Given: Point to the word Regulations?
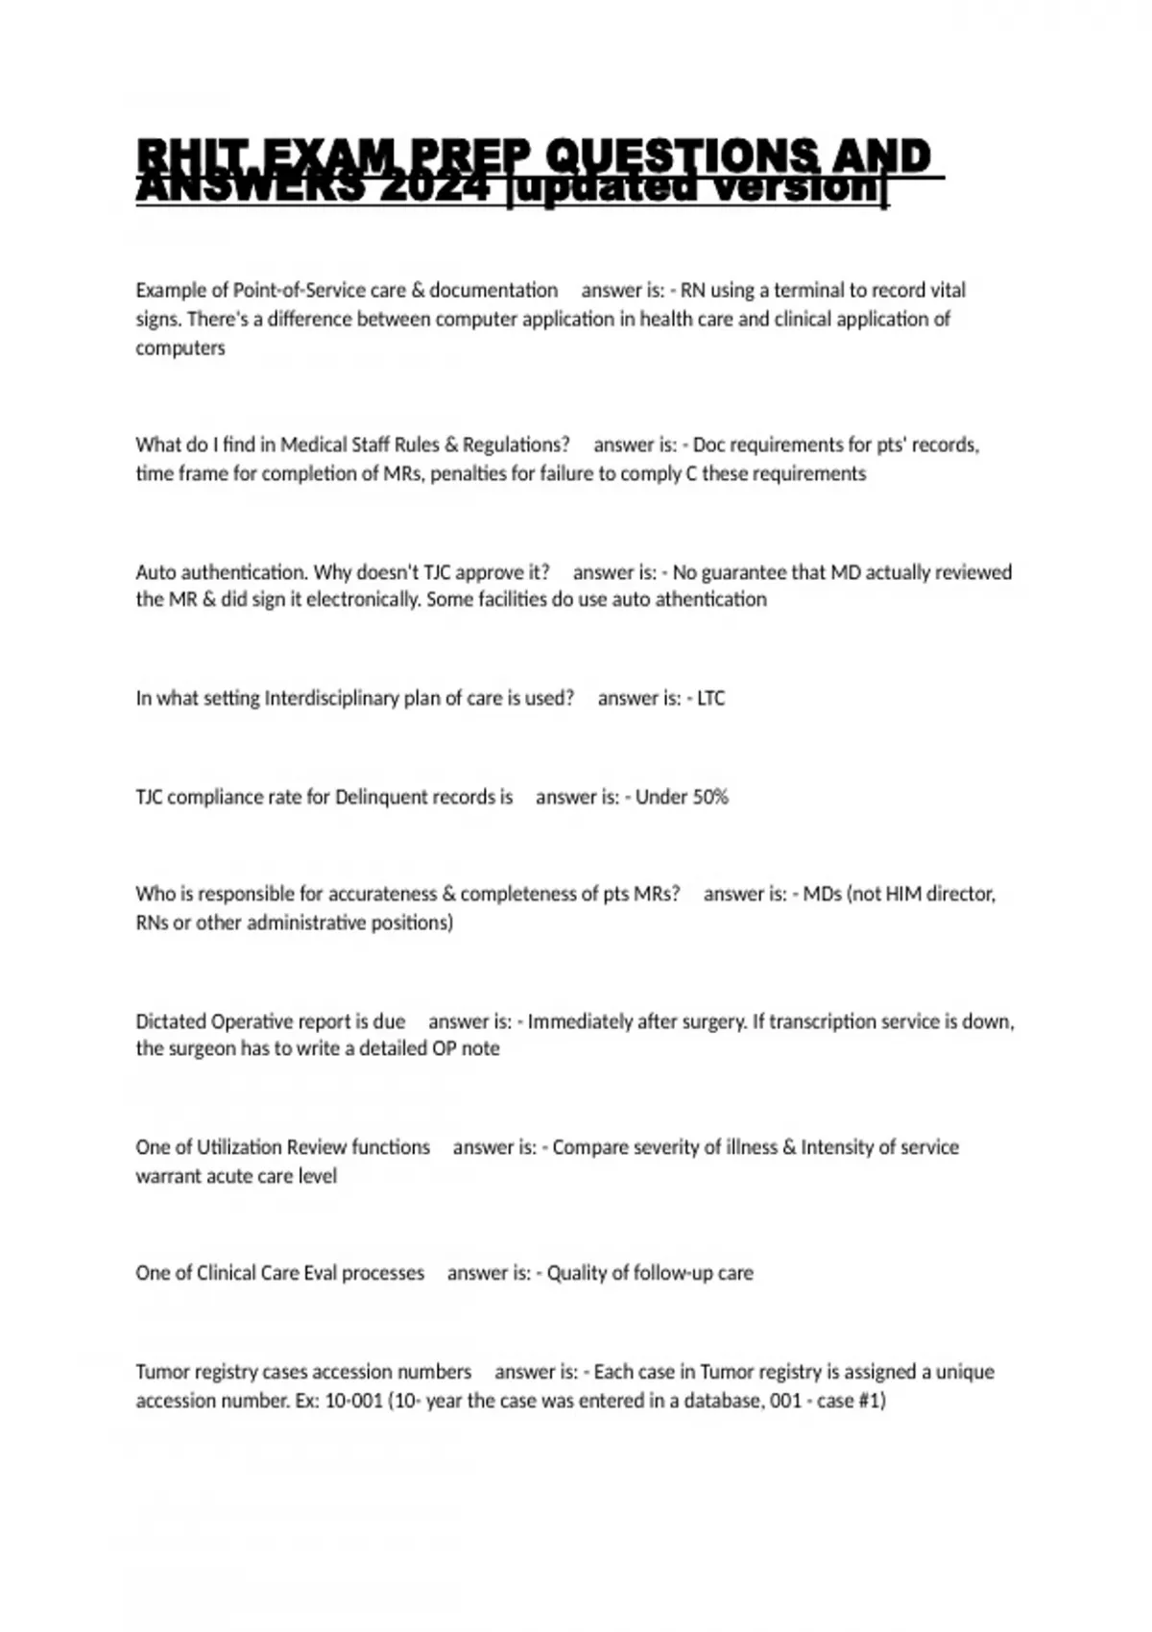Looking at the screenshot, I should (516, 444).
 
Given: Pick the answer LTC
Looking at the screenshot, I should (710, 698).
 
